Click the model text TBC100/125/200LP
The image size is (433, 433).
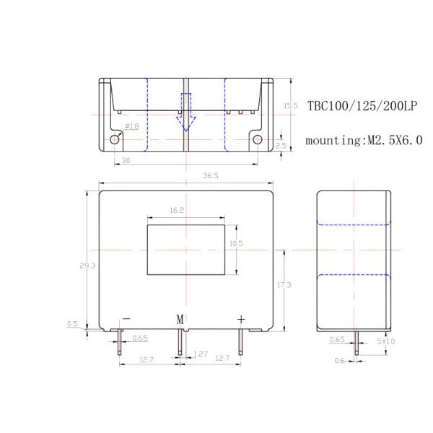362,105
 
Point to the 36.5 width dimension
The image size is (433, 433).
189,175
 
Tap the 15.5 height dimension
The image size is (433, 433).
290,105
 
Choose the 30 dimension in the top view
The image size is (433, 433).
126,161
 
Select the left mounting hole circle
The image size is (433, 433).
115,139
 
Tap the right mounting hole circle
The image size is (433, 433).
257,139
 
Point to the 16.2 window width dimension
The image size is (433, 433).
178,211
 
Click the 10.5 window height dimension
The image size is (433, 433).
235,244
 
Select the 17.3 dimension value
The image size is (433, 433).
284,286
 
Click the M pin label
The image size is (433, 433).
181,319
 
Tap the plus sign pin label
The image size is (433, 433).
241,319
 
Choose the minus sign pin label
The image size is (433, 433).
126,318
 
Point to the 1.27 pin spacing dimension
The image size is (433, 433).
201,354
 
